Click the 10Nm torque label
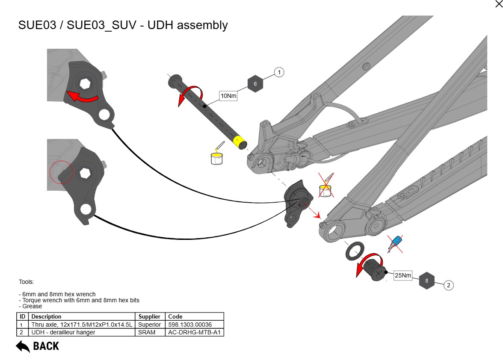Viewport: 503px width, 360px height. pos(228,96)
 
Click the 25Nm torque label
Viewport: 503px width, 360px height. pos(403,276)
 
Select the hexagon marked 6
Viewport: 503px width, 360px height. pos(255,84)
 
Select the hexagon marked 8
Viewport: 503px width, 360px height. pos(426,281)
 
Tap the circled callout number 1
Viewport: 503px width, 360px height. pos(279,72)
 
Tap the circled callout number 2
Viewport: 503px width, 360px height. pos(448,285)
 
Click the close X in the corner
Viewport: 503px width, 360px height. pos(498,4)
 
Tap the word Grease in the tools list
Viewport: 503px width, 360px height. pos(33,306)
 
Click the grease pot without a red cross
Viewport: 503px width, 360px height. pos(216,157)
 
